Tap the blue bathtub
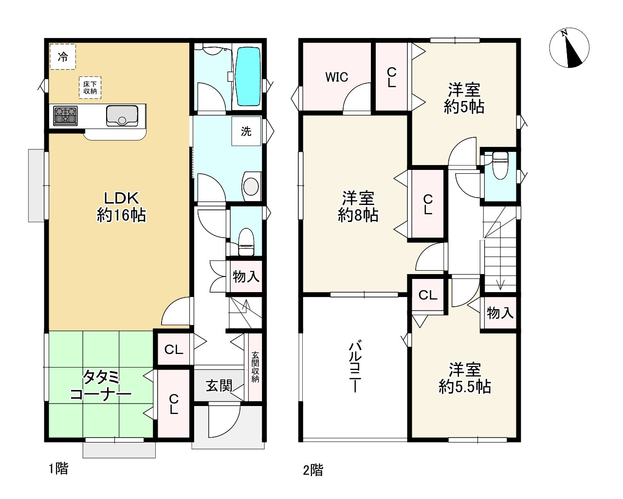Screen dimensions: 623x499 tap(248, 76)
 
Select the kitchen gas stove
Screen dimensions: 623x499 tap(65, 116)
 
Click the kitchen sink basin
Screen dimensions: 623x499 tap(122, 116)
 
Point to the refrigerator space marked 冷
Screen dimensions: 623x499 tap(63, 56)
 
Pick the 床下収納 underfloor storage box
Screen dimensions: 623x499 tap(90, 88)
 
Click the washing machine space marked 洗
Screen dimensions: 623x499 tap(246, 131)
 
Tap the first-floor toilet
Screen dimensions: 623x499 tap(246, 242)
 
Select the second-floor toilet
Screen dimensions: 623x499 tap(500, 166)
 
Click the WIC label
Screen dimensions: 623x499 tap(337, 77)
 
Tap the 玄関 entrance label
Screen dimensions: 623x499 tap(219, 386)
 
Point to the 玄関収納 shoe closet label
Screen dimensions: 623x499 tap(255, 367)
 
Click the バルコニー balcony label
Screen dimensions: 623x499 tap(355, 368)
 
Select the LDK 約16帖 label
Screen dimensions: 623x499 tap(121, 207)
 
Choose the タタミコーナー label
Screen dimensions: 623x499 tap(101, 386)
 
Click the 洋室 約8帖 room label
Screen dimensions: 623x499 tap(358, 206)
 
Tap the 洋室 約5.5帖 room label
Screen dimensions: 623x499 tap(465, 378)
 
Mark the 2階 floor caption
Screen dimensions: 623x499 tap(313, 470)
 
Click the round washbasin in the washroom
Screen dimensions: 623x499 tap(251, 186)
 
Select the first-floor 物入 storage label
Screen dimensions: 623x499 tap(246, 277)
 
